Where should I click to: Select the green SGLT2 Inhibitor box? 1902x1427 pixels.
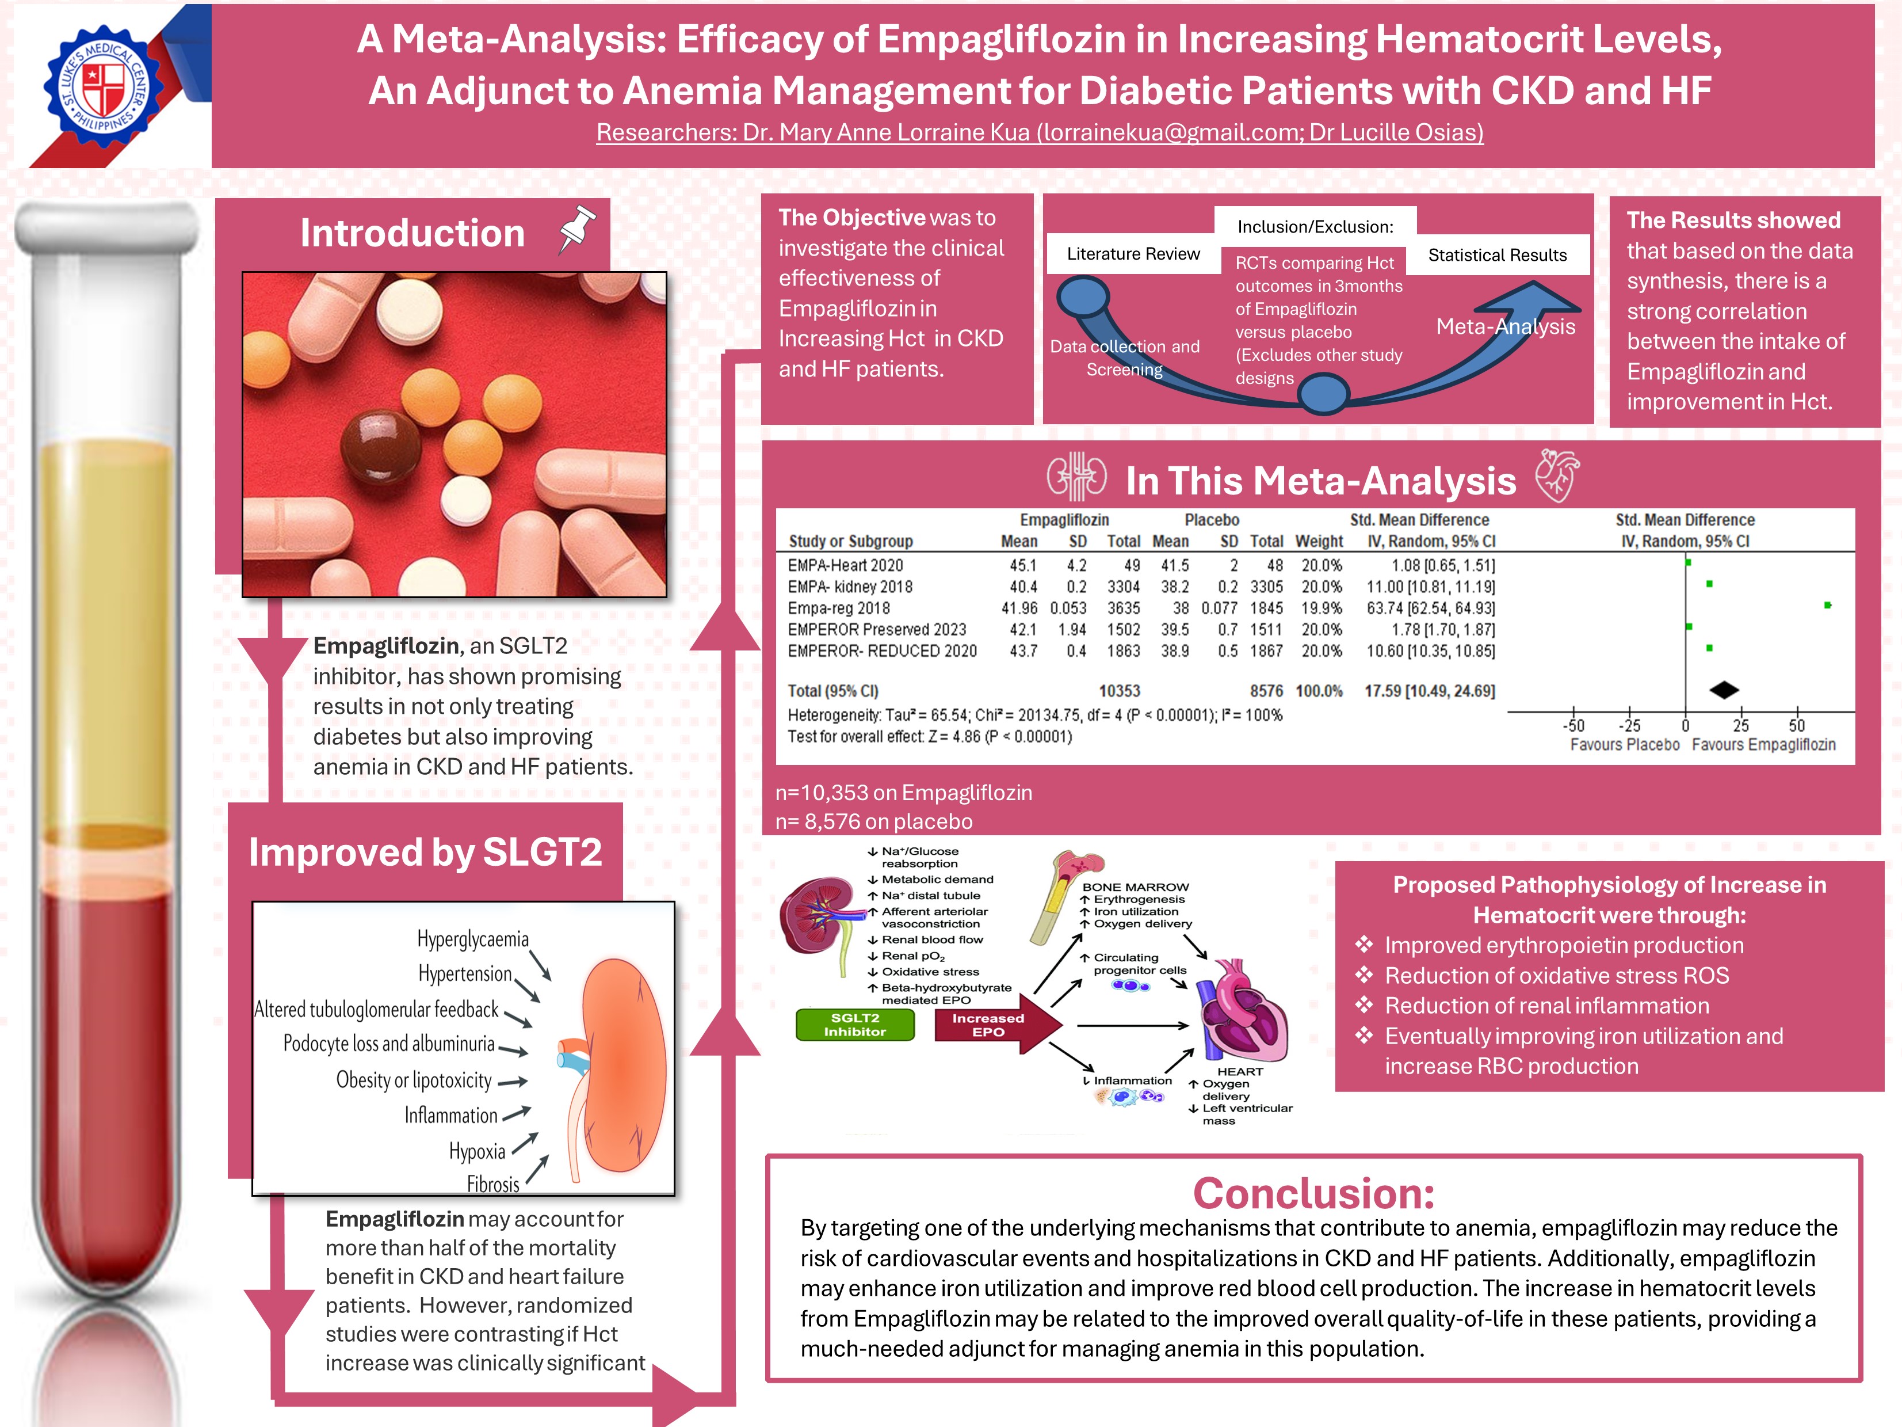pyautogui.click(x=855, y=1025)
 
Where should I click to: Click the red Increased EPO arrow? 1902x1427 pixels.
pyautogui.click(x=998, y=1025)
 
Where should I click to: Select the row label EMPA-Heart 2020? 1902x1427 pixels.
pyautogui.click(x=845, y=565)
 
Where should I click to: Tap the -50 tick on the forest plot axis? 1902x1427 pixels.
pyautogui.click(x=1573, y=725)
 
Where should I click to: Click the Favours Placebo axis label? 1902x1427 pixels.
pyautogui.click(x=1624, y=745)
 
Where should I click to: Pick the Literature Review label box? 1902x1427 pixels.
pyautogui.click(x=1133, y=254)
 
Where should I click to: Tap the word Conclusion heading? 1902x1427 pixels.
pyautogui.click(x=1314, y=1193)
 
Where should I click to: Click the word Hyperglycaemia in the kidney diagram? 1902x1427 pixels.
pyautogui.click(x=473, y=938)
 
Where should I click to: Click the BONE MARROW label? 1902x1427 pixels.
pyautogui.click(x=1135, y=887)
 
